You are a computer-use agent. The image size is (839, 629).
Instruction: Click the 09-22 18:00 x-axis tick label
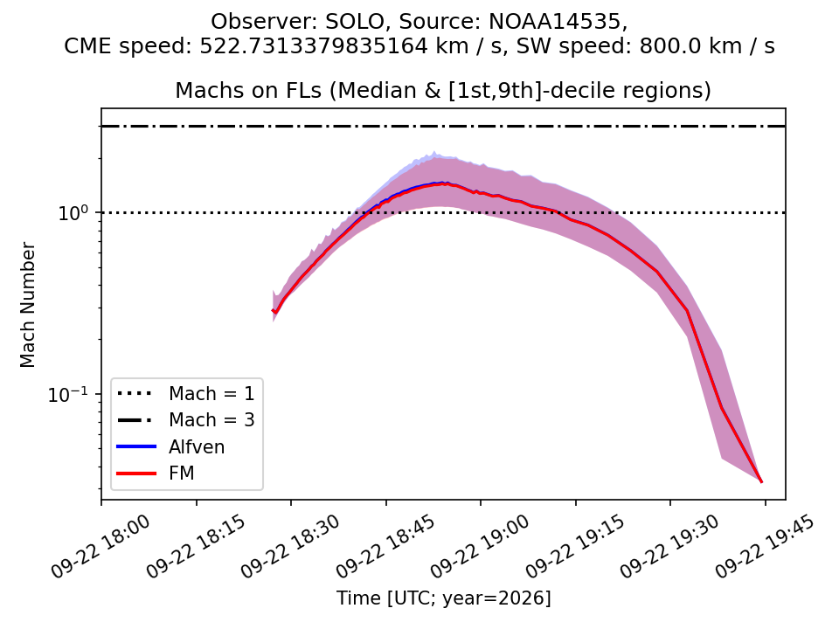tap(101, 546)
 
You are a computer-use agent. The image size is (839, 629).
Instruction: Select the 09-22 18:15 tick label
tap(196, 546)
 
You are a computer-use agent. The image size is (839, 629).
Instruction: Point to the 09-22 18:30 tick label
tap(290, 546)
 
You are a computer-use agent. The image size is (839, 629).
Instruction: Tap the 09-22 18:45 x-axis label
tap(385, 546)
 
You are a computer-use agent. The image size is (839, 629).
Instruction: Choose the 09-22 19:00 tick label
tap(481, 546)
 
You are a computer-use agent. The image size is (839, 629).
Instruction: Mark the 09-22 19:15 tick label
tap(575, 546)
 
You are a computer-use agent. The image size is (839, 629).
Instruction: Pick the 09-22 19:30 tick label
tap(670, 546)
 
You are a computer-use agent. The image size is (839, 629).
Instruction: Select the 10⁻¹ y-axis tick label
tap(67, 395)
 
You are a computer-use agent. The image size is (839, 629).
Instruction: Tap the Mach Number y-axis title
tap(27, 305)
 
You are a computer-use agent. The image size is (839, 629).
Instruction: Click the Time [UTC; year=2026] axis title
tap(444, 598)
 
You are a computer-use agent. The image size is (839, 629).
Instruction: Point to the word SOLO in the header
tap(354, 22)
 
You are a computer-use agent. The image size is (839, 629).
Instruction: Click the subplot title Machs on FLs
tap(248, 90)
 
